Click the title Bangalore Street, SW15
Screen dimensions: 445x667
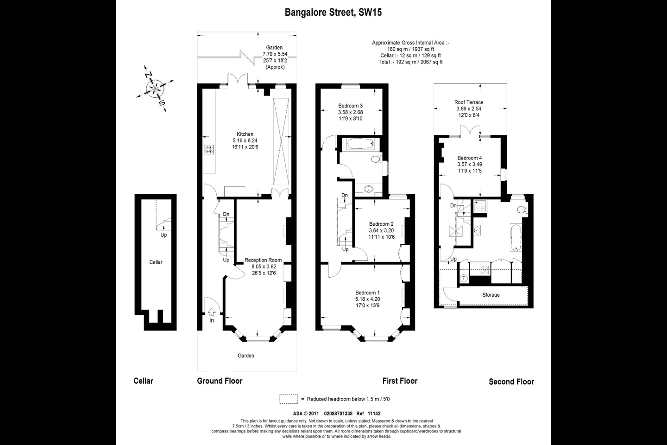coord(333,13)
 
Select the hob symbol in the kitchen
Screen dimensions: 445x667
coord(209,149)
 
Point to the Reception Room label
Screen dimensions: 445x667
coord(263,260)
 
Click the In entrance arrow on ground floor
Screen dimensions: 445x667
coord(212,315)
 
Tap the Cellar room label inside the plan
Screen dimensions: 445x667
coord(156,262)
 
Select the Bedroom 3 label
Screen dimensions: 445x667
coord(350,106)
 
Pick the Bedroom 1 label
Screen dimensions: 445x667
coord(367,292)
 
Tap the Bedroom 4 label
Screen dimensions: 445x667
coord(469,158)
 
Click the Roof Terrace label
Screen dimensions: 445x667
coord(468,102)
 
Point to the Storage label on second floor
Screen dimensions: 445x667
coord(491,295)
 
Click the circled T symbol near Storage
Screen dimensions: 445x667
coord(464,279)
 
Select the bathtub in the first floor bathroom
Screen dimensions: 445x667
coord(359,145)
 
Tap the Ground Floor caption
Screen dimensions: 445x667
coord(220,381)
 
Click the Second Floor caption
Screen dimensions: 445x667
coord(511,381)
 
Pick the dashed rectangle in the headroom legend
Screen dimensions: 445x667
coord(289,399)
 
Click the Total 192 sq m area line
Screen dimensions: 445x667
coord(410,62)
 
